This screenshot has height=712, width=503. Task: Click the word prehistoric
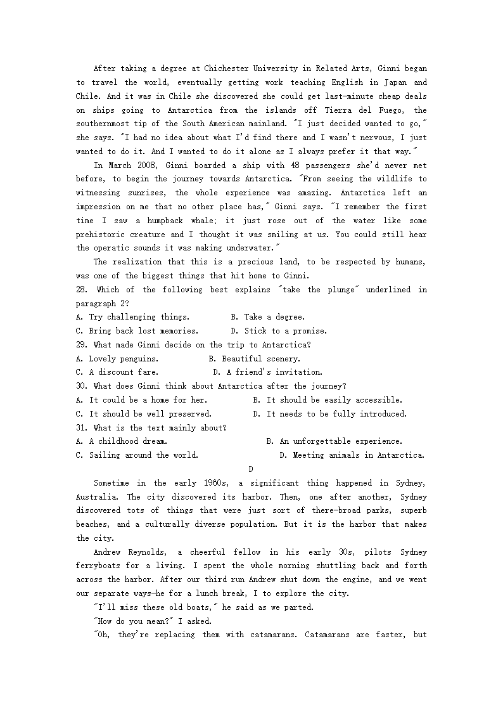pyautogui.click(x=101, y=234)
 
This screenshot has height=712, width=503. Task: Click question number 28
pyautogui.click(x=82, y=289)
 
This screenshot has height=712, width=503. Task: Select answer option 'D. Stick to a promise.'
pyautogui.click(x=279, y=330)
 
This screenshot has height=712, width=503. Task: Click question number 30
pyautogui.click(x=82, y=385)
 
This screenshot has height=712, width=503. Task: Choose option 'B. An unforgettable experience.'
pyautogui.click(x=334, y=441)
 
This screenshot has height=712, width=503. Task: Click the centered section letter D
pyautogui.click(x=251, y=469)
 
